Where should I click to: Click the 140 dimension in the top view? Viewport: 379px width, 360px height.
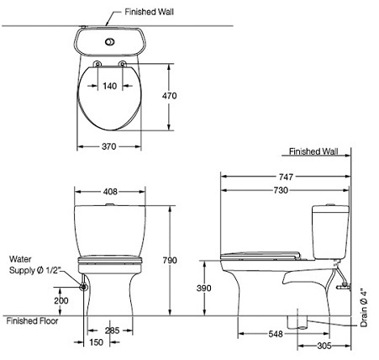110,86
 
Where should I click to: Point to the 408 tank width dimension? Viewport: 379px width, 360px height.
110,192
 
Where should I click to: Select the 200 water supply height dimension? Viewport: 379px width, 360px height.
61,300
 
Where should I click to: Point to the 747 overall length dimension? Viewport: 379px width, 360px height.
286,177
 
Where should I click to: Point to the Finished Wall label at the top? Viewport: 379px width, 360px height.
149,13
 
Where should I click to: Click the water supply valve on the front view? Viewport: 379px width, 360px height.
83,286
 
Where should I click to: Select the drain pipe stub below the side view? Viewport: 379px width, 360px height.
295,321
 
